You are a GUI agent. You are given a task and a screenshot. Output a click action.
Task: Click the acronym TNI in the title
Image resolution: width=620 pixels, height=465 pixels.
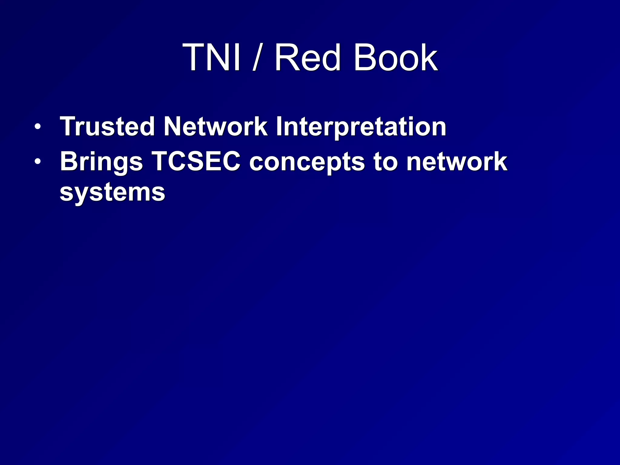[212, 58]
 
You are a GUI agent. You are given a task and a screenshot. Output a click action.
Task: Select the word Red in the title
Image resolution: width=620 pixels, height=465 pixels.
[308, 58]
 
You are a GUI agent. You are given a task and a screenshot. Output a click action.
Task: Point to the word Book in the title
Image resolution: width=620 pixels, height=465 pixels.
[395, 58]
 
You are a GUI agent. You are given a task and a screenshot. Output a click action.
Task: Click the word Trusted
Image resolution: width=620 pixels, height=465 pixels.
[107, 127]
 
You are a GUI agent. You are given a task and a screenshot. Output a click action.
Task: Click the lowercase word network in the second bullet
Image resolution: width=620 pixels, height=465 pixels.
[457, 162]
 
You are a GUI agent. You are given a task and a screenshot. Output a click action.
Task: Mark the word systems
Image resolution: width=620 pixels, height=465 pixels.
[112, 193]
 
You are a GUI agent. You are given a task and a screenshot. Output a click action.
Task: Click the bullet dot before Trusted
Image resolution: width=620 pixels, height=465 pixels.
[37, 127]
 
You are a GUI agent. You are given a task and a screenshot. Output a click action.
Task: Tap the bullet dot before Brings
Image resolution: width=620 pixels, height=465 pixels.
[37, 162]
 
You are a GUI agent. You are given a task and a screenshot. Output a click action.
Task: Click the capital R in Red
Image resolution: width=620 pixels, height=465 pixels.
[286, 58]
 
